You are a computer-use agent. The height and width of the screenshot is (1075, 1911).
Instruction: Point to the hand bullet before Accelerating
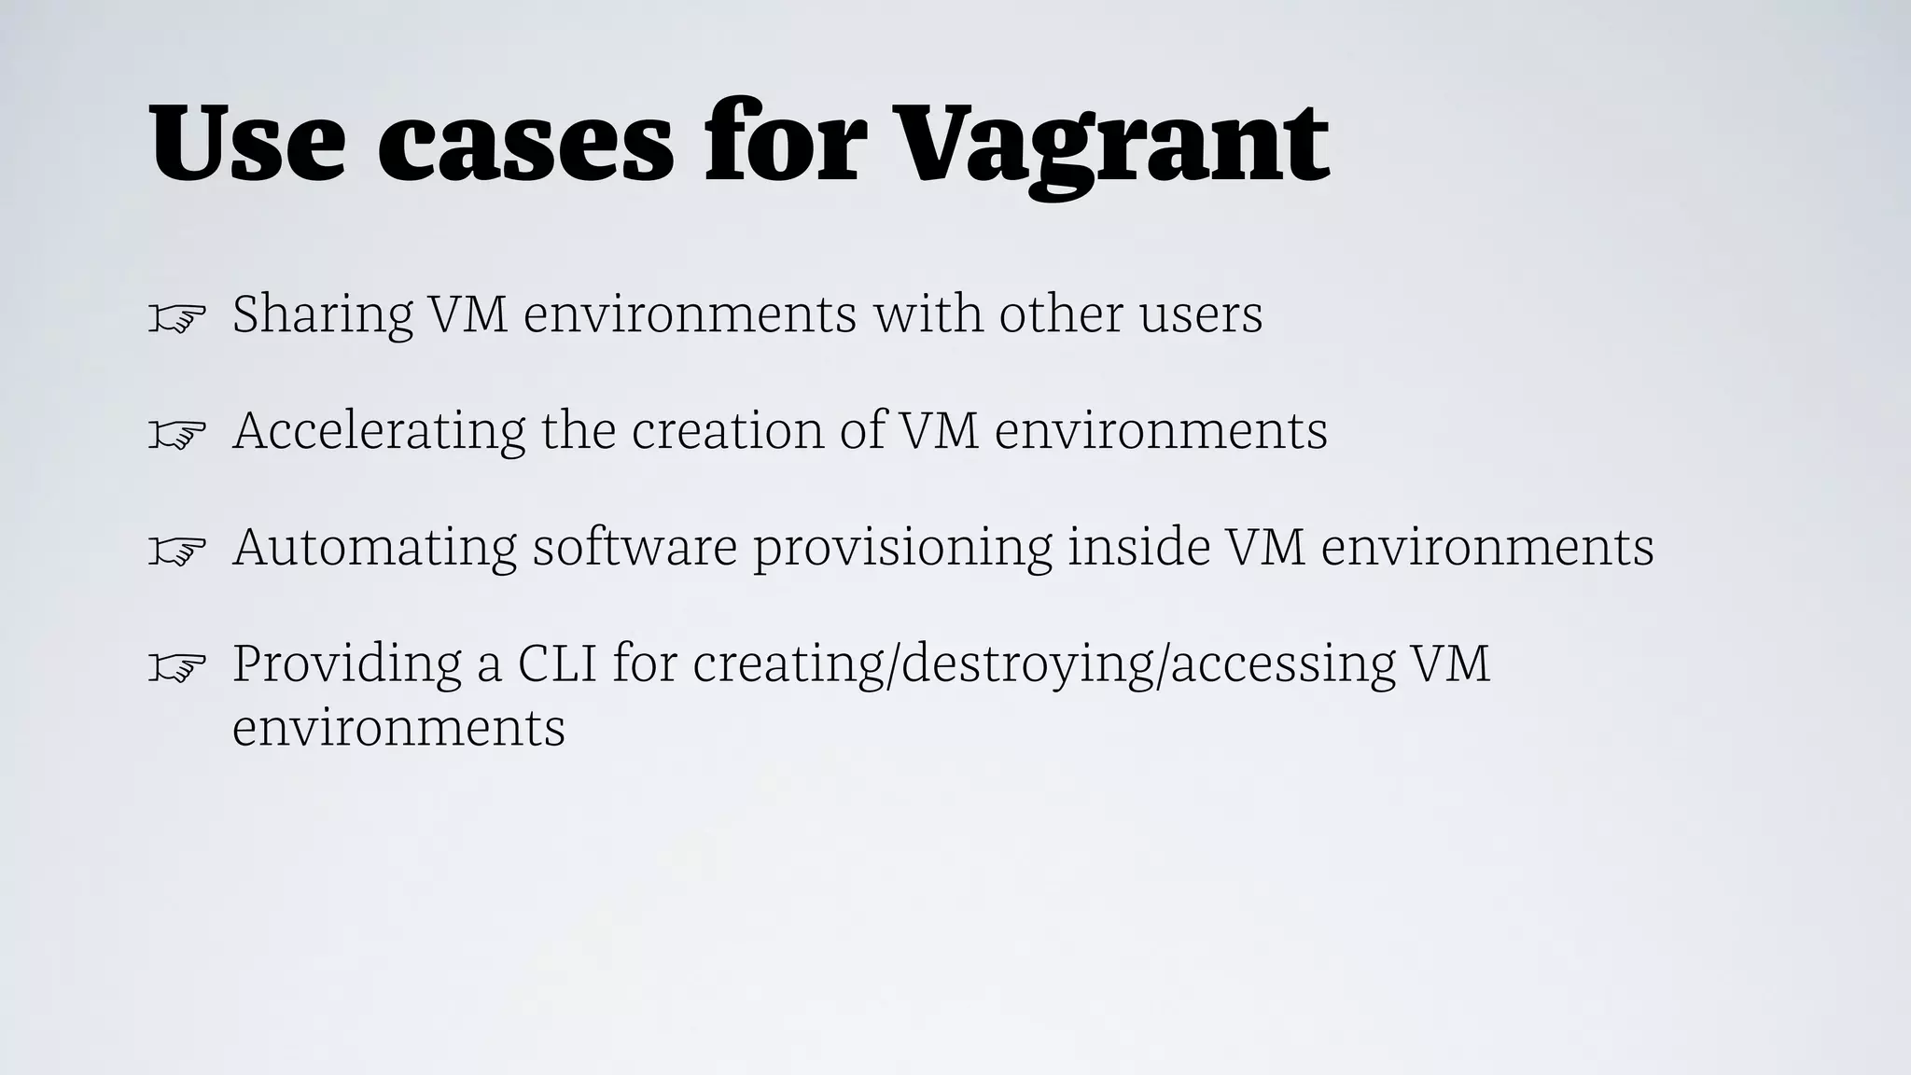(x=176, y=436)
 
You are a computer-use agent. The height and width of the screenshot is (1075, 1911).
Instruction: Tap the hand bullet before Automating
(x=176, y=552)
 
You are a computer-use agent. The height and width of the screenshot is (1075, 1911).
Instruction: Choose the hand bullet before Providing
(x=176, y=668)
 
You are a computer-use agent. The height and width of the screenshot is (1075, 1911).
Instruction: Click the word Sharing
(x=323, y=314)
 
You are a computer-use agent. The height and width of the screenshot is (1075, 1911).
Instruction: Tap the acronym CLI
(x=557, y=664)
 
